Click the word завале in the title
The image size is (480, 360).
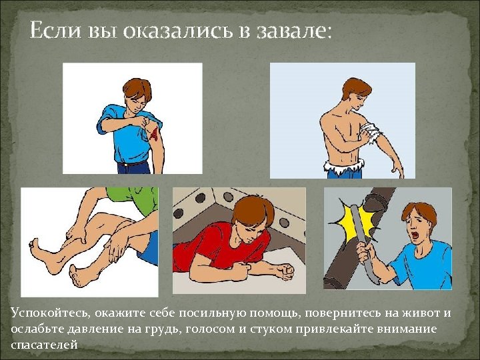point(293,31)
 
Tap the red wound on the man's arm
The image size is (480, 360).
point(154,133)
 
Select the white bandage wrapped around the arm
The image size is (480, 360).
point(371,132)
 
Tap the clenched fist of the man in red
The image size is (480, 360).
point(285,271)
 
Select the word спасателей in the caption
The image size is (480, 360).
point(44,345)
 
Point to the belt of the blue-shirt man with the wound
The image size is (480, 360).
point(133,163)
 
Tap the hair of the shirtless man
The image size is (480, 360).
point(357,87)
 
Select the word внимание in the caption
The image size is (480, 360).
point(405,329)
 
